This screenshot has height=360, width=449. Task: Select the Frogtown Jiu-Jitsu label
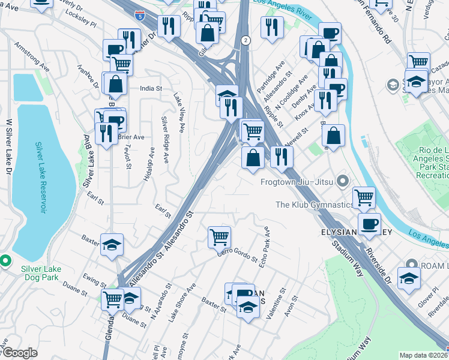[x=297, y=181]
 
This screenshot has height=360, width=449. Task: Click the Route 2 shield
[x=246, y=40]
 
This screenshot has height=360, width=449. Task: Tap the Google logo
[x=19, y=353]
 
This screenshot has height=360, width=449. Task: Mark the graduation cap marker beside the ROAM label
[x=409, y=279]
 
